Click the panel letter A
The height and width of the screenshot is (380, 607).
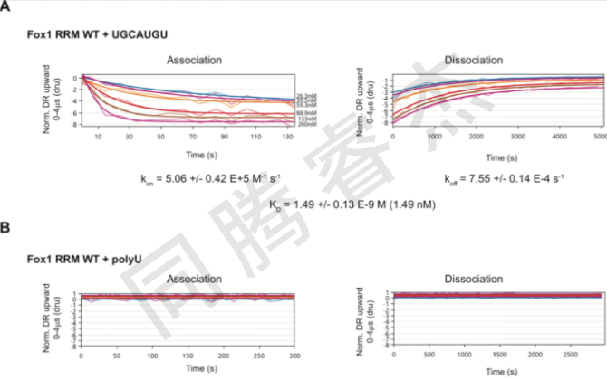point(5,8)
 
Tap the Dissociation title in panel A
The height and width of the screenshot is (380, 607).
point(474,60)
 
